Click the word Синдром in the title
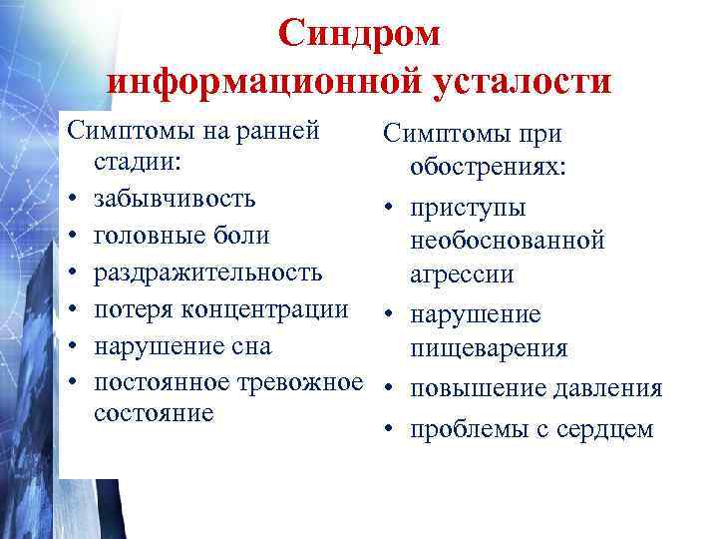(358, 33)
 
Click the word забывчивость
(175, 198)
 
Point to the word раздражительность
(207, 272)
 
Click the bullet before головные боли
(74, 236)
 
